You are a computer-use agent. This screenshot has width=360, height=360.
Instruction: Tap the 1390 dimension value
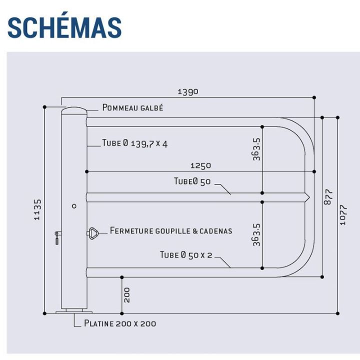click(x=188, y=91)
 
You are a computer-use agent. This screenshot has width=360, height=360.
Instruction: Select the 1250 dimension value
click(x=200, y=165)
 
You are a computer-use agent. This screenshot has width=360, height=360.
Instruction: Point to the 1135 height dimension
click(x=37, y=209)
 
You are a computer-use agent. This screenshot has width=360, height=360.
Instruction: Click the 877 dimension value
click(x=328, y=197)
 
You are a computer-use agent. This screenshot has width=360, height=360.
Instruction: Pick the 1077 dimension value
click(x=343, y=215)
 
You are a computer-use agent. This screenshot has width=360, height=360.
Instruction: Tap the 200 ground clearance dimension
click(x=126, y=295)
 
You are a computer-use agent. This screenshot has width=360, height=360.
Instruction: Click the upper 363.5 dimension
click(x=256, y=149)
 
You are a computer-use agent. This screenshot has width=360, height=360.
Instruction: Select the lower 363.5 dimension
click(x=256, y=234)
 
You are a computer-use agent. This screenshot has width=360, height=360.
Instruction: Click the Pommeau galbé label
click(x=132, y=107)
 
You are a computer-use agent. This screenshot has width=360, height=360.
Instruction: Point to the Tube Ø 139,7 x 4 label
click(x=135, y=143)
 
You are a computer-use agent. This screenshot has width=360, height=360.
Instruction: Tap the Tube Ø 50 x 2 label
click(x=186, y=255)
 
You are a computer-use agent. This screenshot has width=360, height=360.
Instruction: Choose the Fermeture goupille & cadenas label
click(x=171, y=230)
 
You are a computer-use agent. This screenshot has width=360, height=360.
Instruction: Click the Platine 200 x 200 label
click(x=120, y=323)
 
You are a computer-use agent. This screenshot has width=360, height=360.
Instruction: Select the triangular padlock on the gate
click(x=93, y=233)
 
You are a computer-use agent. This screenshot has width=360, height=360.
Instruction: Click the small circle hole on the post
click(x=74, y=206)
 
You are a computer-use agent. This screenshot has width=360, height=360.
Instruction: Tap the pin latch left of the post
click(x=57, y=237)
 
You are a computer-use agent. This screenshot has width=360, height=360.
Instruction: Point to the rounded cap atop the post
click(x=74, y=110)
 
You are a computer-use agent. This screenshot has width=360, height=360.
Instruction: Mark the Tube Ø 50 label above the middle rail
click(x=192, y=181)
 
